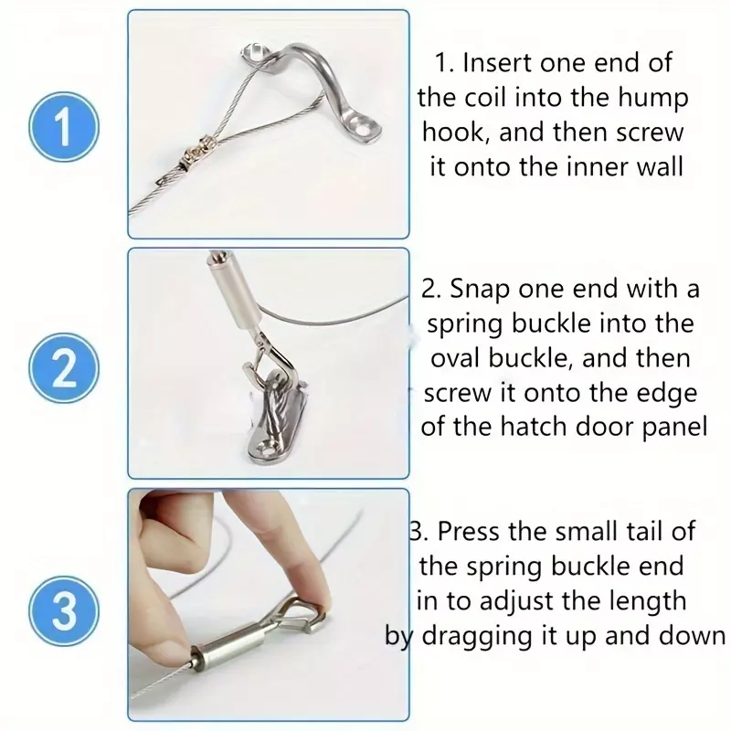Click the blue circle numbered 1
click(x=64, y=127)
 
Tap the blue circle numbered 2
click(x=64, y=368)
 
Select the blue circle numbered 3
click(x=64, y=610)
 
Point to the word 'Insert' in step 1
click(x=497, y=63)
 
